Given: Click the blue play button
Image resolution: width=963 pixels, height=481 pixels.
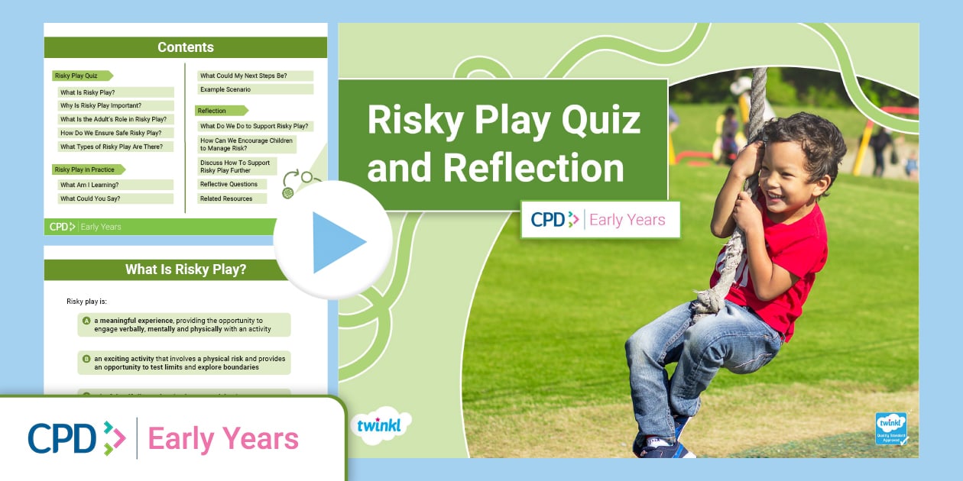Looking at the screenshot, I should pyautogui.click(x=334, y=241).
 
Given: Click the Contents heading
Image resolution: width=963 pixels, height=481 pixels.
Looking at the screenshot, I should pyautogui.click(x=185, y=47).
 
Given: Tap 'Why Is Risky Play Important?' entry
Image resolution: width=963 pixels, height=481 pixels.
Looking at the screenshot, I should pyautogui.click(x=101, y=105).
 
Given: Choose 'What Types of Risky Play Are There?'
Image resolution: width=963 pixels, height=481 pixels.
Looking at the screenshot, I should pyautogui.click(x=116, y=147).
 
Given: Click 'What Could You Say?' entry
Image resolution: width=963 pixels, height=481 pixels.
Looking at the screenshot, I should pyautogui.click(x=90, y=199).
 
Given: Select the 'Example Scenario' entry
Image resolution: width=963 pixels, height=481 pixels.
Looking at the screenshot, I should pyautogui.click(x=225, y=89).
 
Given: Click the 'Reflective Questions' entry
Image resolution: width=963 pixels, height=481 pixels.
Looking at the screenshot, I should pyautogui.click(x=229, y=184).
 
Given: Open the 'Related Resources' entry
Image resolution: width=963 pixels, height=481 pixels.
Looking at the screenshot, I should pyautogui.click(x=227, y=199).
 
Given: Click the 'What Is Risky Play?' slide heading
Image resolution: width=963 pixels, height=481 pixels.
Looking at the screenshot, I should pyautogui.click(x=185, y=270).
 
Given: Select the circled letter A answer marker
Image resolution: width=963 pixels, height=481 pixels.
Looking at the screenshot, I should pyautogui.click(x=86, y=321).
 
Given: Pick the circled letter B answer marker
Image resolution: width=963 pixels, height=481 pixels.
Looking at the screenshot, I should pyautogui.click(x=86, y=358).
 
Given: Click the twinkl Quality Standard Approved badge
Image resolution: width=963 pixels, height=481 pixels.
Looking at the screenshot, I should pyautogui.click(x=890, y=428).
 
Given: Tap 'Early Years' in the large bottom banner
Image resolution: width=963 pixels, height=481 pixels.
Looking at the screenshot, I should pyautogui.click(x=223, y=439).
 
